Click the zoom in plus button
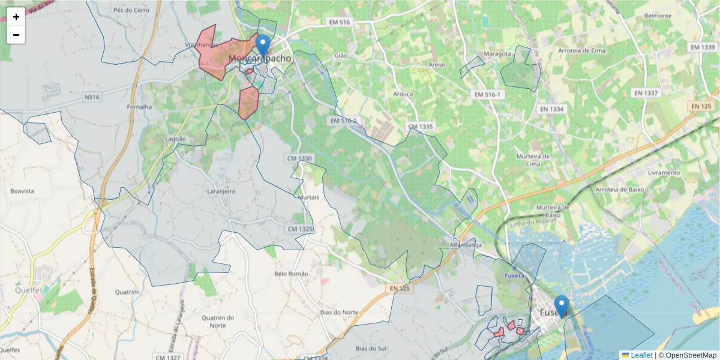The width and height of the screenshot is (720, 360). point(16,17)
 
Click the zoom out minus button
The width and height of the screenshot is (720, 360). point(16,35)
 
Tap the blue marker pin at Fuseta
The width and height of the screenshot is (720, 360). point(562,306)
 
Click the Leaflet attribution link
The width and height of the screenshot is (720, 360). point(641,355)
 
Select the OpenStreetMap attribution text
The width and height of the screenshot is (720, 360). point(690,355)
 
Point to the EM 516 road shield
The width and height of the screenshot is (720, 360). point(339,22)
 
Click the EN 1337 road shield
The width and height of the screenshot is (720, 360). point(646,93)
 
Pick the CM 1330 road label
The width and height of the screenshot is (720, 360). point(300,158)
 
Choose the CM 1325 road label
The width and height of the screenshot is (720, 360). point(300,229)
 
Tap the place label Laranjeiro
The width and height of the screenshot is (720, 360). point(221,191)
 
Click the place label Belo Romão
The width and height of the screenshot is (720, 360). point(291,274)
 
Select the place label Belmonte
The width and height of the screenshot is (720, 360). point(657,16)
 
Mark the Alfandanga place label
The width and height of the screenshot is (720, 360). point(466,245)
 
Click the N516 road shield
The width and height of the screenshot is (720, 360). point(92,97)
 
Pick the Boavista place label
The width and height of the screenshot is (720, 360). point(22,191)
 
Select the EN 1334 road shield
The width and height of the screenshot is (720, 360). point(552,109)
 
